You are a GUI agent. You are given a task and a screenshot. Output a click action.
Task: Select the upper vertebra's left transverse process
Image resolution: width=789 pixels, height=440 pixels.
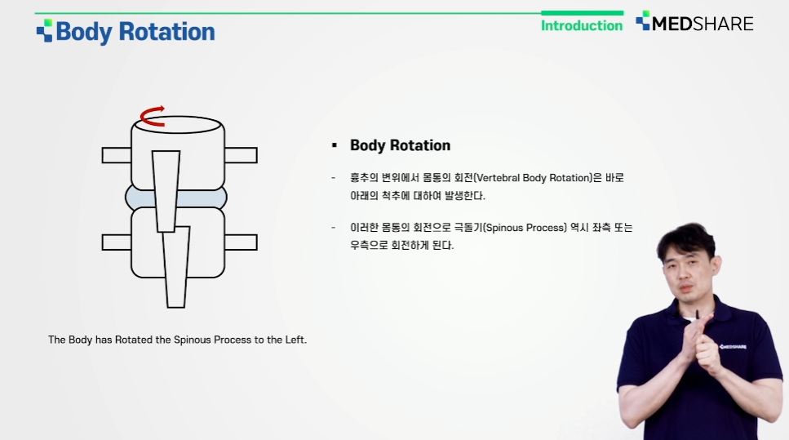(116, 155)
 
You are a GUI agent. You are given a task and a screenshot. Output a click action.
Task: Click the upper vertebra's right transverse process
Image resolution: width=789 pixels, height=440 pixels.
(241, 155)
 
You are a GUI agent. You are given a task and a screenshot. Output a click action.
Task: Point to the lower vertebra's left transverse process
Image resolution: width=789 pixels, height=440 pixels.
(116, 242)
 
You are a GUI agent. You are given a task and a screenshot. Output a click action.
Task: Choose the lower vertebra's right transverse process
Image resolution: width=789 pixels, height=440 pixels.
(241, 242)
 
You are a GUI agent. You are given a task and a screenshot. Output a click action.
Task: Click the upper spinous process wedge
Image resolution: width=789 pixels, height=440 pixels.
(166, 191)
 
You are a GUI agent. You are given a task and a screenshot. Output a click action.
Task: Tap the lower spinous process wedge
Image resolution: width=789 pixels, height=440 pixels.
(176, 267)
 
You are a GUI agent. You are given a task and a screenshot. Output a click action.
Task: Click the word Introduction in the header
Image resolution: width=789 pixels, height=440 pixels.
(582, 25)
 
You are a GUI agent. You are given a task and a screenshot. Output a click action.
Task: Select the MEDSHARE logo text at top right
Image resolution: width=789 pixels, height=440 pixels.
(703, 24)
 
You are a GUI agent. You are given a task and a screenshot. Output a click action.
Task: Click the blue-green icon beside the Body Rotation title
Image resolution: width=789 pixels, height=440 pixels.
(44, 31)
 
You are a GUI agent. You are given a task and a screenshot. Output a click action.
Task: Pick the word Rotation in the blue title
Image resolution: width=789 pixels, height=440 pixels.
(166, 32)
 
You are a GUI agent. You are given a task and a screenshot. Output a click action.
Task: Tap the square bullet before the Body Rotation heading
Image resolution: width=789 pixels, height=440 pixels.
(335, 145)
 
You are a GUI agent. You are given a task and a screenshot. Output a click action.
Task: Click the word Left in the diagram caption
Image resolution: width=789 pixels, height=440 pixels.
(295, 340)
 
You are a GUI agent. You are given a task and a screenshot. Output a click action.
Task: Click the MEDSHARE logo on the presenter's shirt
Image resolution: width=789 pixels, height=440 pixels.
(733, 347)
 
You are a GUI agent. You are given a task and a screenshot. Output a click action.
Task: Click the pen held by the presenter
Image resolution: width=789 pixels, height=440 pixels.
(698, 315)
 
